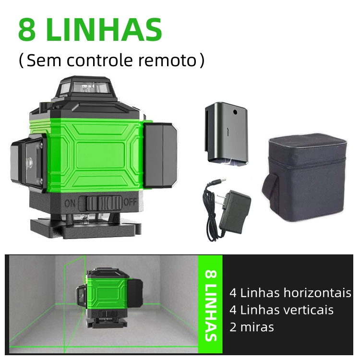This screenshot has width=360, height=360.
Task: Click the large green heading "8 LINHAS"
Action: pos(90,30)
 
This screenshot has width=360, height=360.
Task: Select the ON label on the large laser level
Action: pos(70,203)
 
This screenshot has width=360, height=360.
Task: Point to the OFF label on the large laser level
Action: pos(130,202)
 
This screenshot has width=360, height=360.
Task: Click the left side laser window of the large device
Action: pos(33,164)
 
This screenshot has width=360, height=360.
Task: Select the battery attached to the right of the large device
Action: pos(160,155)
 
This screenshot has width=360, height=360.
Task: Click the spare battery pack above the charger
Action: pos(227,133)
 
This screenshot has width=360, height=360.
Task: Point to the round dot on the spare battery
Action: pos(235,112)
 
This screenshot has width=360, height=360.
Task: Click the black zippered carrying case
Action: pos(304,178)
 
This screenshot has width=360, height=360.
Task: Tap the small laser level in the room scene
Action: pos(109,298)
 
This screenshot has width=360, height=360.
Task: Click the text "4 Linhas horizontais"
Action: pos(290,293)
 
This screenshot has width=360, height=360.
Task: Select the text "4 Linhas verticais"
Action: pos(281,310)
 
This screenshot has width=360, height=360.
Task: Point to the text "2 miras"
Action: pos(252,327)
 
